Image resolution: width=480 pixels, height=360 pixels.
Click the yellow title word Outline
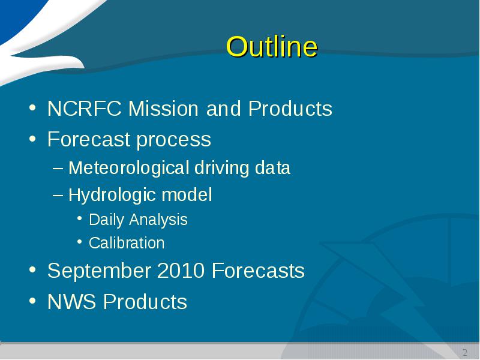coord(272,47)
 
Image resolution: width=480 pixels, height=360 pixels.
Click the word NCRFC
coord(85,109)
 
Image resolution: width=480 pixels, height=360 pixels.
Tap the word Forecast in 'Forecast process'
coord(89,139)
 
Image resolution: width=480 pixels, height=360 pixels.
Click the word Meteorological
coord(128,168)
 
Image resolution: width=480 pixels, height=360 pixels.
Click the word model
coord(187,194)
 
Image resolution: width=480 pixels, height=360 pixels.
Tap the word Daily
coord(106,220)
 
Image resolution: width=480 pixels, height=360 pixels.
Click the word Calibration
coord(127,243)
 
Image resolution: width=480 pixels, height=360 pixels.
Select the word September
coord(100,271)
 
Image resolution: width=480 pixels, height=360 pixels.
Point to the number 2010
coord(181,271)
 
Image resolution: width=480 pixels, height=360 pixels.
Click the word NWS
coord(71,302)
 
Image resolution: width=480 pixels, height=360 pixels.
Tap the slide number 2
coord(465,352)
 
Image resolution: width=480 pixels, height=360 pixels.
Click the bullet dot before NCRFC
coord(32,108)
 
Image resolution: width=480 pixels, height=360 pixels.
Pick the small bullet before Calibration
coord(80,242)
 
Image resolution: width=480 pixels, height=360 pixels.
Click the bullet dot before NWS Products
coord(32,301)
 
